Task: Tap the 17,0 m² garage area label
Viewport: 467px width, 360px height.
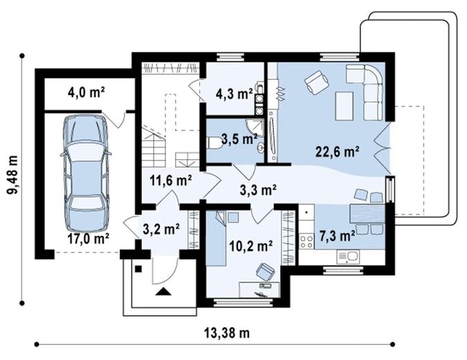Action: tap(89, 240)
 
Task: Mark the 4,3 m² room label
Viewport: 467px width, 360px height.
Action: tap(232, 94)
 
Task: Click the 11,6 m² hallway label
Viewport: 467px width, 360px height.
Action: tap(170, 181)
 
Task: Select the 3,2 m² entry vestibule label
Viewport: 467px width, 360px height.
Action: tap(161, 227)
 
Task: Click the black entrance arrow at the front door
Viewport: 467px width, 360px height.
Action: tap(163, 291)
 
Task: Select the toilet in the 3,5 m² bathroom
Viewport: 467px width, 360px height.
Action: tap(214, 143)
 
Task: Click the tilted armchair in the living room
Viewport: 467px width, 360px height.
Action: tap(317, 83)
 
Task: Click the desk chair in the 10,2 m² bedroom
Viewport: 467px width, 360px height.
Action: tap(265, 272)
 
